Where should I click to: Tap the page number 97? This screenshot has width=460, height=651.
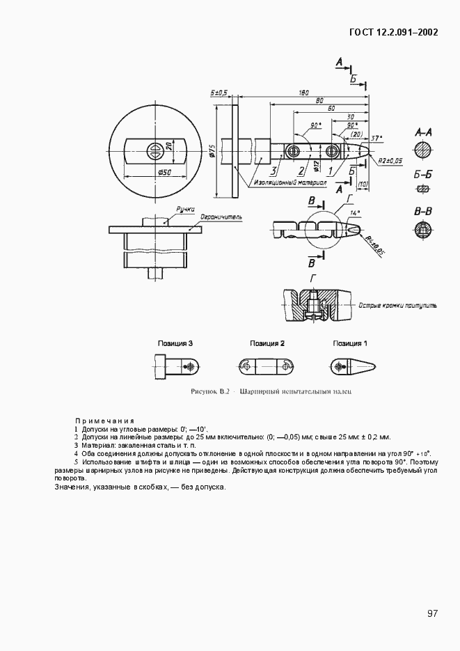pyautogui.click(x=432, y=613)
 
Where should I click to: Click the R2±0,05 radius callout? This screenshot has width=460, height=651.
pyautogui.click(x=390, y=160)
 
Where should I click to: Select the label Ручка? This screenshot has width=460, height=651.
pyautogui.click(x=184, y=208)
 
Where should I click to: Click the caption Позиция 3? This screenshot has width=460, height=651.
pyautogui.click(x=175, y=343)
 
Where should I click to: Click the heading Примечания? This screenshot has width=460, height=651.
pyautogui.click(x=104, y=421)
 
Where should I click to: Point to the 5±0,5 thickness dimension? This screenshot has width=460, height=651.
pyautogui.click(x=220, y=92)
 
